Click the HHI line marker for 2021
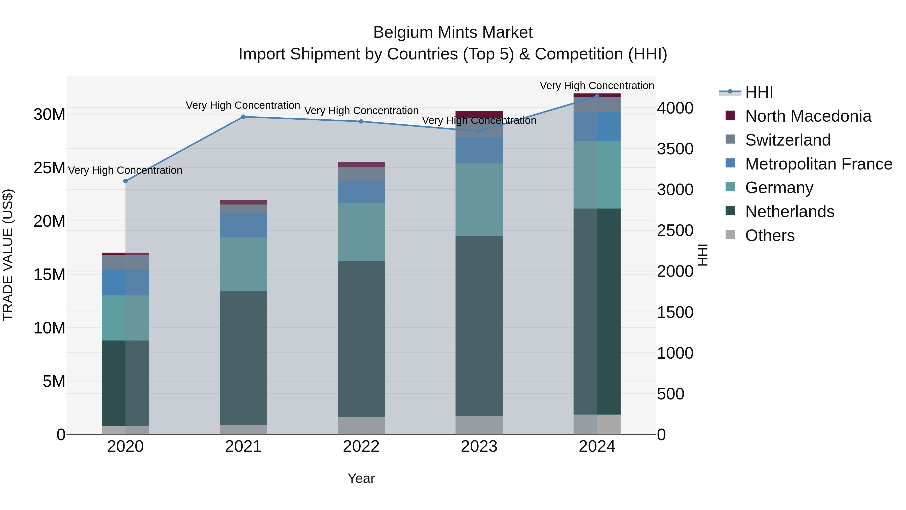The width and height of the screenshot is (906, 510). coord(243,117)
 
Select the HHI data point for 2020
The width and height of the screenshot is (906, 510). coord(125,181)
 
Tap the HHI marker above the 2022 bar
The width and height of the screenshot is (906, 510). coord(361,121)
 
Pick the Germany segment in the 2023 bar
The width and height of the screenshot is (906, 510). coord(479,199)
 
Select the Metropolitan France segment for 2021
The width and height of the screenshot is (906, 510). coord(243,225)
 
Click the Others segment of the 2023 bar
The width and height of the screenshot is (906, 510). coord(479,425)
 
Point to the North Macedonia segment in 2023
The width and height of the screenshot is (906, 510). coord(479,114)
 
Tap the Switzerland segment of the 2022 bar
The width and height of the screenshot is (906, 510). coord(361,174)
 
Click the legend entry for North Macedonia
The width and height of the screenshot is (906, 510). coord(808,116)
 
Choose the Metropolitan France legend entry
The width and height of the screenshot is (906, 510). coord(818,164)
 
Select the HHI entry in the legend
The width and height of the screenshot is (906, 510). coord(759,92)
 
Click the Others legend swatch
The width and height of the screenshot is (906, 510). coord(730,235)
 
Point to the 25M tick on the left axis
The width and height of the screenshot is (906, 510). coord(49,168)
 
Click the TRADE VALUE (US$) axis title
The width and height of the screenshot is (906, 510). coord(8,255)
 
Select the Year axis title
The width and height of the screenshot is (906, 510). coord(361,478)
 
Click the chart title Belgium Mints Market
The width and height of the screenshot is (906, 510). coord(453,32)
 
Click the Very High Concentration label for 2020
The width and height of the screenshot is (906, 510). coord(125,170)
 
